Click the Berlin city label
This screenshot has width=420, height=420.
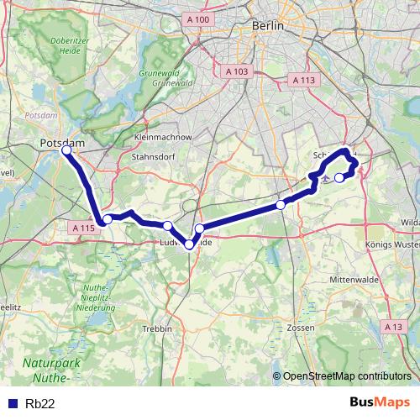[x=269, y=26]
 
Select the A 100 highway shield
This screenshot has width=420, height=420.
[x=198, y=19]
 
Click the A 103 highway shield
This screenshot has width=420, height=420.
[x=237, y=72]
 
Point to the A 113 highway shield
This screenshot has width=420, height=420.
[x=302, y=80]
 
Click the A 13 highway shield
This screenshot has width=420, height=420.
[x=392, y=327]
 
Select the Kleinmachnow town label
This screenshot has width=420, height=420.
[x=163, y=136]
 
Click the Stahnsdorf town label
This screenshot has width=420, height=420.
[x=152, y=156]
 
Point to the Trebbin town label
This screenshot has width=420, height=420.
[x=158, y=328]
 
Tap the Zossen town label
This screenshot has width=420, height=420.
[x=300, y=327]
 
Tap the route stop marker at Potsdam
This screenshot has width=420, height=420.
[x=66, y=152]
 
